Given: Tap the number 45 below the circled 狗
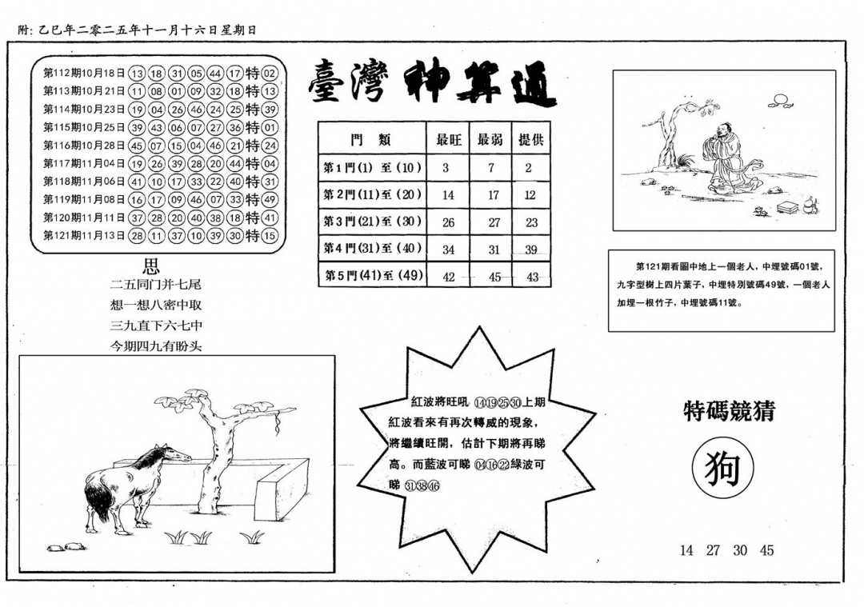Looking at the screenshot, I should pyautogui.click(x=766, y=550).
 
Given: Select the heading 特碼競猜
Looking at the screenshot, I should pyautogui.click(x=729, y=411).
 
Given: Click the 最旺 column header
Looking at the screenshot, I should pyautogui.click(x=449, y=139).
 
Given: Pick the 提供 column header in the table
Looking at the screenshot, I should pyautogui.click(x=531, y=139).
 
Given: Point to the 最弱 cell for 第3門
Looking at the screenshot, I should pyautogui.click(x=493, y=223).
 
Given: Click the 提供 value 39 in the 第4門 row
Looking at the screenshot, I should pyautogui.click(x=530, y=250).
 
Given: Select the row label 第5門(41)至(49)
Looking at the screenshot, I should pyautogui.click(x=372, y=276).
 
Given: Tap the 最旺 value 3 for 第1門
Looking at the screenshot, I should pyautogui.click(x=446, y=168).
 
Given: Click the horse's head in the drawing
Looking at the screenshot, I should pyautogui.click(x=178, y=453).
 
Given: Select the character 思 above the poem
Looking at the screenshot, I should pyautogui.click(x=150, y=266).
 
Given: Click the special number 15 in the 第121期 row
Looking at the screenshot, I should pyautogui.click(x=270, y=236).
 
